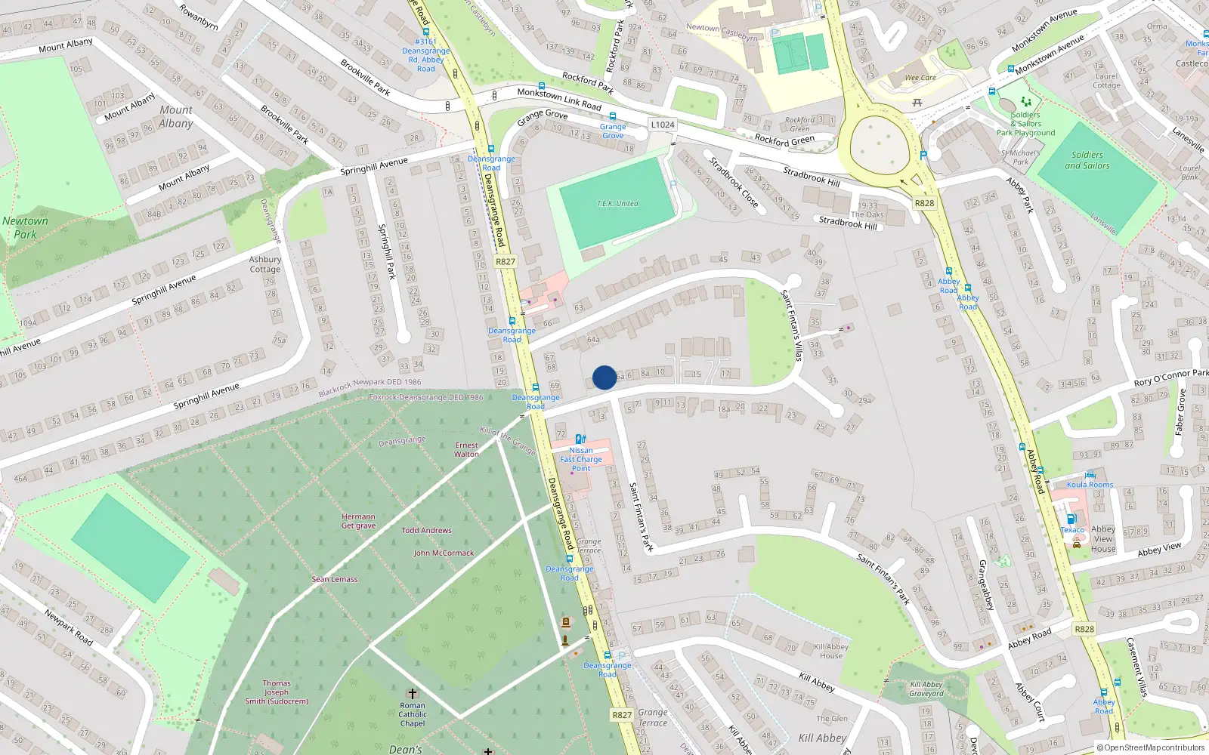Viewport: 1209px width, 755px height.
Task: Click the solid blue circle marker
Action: point(604,377)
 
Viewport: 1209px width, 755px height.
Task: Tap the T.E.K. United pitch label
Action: point(617,204)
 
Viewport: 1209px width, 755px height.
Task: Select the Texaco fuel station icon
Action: point(1071,519)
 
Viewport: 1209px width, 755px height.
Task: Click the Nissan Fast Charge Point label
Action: point(581,459)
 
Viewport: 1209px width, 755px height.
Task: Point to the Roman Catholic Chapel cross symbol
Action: point(412,693)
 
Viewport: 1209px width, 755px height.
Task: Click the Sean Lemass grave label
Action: point(335,579)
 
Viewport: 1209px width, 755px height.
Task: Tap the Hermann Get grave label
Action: point(358,521)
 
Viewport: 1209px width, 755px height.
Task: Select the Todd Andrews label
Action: point(426,530)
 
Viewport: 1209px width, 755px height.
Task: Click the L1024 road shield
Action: point(663,125)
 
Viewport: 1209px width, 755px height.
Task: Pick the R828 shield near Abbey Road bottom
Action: point(1084,629)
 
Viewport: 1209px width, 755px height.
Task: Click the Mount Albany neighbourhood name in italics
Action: point(176,116)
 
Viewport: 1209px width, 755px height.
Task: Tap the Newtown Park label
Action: point(25,227)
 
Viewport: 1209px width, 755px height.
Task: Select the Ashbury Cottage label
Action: point(265,264)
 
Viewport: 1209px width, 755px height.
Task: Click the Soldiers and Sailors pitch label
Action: point(1087,160)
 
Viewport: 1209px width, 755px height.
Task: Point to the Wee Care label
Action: point(920,78)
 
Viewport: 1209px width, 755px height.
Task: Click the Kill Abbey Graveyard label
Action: point(926,689)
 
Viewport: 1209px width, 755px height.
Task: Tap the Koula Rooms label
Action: point(1090,485)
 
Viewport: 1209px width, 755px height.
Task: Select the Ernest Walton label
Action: point(466,449)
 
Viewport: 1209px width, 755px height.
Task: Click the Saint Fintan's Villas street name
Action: point(791,325)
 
